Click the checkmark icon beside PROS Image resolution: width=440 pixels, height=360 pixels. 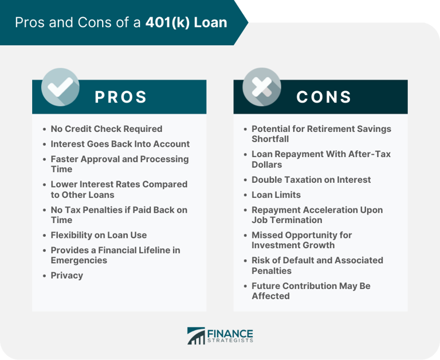(60, 87)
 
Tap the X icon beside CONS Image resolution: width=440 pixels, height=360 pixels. (261, 87)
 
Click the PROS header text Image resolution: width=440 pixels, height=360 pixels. (121, 97)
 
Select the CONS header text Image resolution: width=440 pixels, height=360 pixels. (324, 97)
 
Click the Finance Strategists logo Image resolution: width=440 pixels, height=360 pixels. (220, 336)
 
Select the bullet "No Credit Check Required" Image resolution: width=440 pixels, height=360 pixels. (107, 129)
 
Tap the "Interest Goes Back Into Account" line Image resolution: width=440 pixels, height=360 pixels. (120, 144)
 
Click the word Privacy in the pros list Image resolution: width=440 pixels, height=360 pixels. (66, 275)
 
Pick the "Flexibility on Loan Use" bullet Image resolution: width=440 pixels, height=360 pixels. (99, 235)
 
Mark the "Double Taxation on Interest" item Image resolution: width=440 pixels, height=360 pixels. (311, 179)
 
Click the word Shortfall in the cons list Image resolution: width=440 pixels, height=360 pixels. (270, 139)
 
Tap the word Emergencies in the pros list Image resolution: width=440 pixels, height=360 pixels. (78, 260)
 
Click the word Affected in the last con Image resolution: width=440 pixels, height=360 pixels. (270, 296)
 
